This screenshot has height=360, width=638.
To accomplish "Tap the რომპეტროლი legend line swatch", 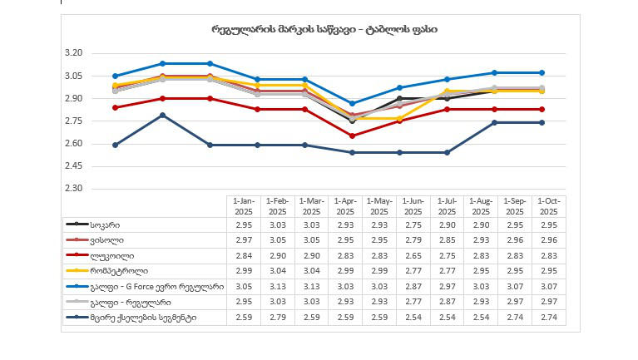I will tap(77, 271).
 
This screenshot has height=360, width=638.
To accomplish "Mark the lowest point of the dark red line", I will tap(353, 136).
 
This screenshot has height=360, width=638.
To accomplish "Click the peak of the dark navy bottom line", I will tap(163, 115).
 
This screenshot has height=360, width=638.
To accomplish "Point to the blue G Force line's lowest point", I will tap(353, 103).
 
